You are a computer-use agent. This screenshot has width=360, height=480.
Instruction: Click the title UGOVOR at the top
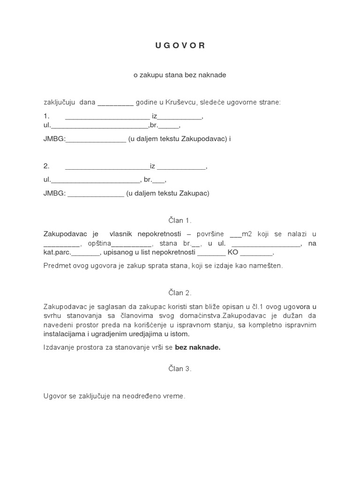tap(180, 45)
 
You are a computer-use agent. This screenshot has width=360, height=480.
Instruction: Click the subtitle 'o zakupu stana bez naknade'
tap(180, 75)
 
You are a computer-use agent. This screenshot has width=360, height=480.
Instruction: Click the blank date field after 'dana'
tap(115, 103)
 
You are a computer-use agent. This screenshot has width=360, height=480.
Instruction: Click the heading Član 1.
tap(180, 220)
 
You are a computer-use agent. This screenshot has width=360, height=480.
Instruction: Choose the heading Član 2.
tap(180, 292)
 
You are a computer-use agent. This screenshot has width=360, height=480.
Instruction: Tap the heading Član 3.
tap(180, 369)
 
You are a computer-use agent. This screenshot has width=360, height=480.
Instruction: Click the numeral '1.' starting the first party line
tap(46, 116)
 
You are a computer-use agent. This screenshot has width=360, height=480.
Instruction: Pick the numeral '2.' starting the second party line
tap(46, 166)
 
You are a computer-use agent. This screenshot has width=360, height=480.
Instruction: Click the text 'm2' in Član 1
tap(246, 234)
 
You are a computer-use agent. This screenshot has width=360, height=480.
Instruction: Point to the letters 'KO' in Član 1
tap(233, 252)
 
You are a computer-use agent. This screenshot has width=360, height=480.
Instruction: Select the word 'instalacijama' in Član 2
tap(63, 334)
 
